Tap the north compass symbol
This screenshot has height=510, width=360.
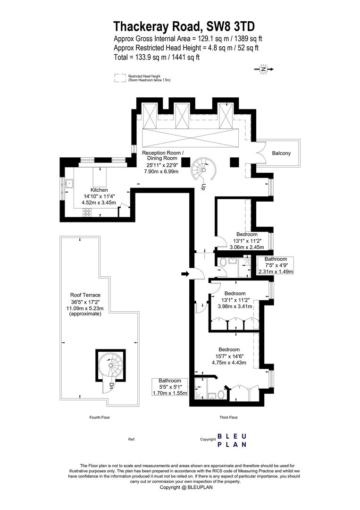(x=264, y=69)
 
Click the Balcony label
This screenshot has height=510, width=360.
(x=281, y=153)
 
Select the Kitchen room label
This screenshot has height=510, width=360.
(x=99, y=190)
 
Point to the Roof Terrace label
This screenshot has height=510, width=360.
(x=85, y=295)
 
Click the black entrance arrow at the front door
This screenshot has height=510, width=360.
(x=185, y=274)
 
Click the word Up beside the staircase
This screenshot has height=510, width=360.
(x=203, y=187)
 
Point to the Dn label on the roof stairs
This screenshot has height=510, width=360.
(x=111, y=386)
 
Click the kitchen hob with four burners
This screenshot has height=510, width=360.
(x=87, y=212)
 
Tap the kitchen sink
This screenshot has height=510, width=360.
(x=69, y=184)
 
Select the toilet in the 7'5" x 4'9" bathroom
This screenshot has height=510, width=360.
(x=223, y=262)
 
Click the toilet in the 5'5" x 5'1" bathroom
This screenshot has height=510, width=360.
(x=222, y=394)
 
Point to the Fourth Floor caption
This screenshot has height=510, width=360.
(x=100, y=417)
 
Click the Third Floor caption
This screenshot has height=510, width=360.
(x=229, y=417)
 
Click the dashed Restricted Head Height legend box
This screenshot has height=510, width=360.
(x=120, y=78)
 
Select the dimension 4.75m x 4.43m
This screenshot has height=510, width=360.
(x=229, y=363)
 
